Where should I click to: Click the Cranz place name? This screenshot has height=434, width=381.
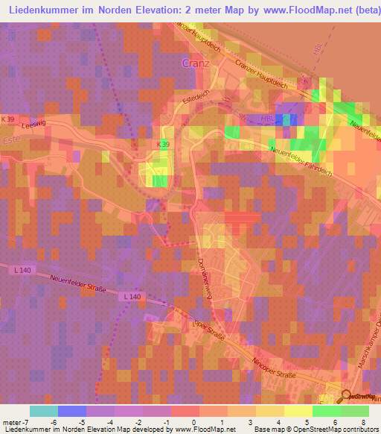[x=196, y=63]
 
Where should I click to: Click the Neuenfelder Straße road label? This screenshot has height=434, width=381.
[x=75, y=284]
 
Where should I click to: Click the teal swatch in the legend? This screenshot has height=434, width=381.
[x=43, y=412]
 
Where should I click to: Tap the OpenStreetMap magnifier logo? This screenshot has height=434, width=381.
[x=347, y=397]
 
